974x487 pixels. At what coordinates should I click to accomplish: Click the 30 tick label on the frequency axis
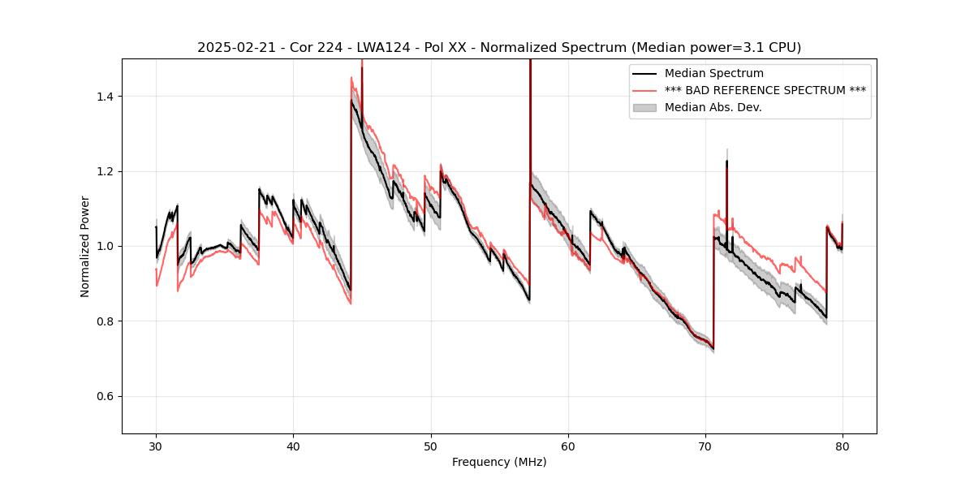(x=156, y=446)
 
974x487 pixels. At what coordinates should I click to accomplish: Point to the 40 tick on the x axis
(x=293, y=434)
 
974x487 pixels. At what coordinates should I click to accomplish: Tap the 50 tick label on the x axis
(x=430, y=446)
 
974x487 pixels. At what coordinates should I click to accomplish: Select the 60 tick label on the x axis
(x=568, y=446)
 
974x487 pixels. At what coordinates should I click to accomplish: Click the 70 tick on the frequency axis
(x=705, y=434)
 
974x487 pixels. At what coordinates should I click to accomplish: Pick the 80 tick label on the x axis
(x=843, y=446)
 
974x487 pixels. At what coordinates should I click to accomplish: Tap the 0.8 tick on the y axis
(x=123, y=321)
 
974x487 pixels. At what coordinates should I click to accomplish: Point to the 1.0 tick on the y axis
(x=123, y=246)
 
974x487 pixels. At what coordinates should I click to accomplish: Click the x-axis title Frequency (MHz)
(x=499, y=462)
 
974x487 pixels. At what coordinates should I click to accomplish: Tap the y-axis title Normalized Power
(x=85, y=246)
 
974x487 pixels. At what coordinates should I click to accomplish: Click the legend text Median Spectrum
(x=713, y=74)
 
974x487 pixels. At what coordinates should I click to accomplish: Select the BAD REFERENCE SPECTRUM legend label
(x=765, y=90)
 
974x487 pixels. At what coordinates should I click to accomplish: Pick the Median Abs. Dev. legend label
(x=713, y=107)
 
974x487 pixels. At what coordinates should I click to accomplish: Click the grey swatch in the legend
(x=644, y=107)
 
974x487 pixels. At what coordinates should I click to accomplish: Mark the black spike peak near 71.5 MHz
(x=726, y=162)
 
